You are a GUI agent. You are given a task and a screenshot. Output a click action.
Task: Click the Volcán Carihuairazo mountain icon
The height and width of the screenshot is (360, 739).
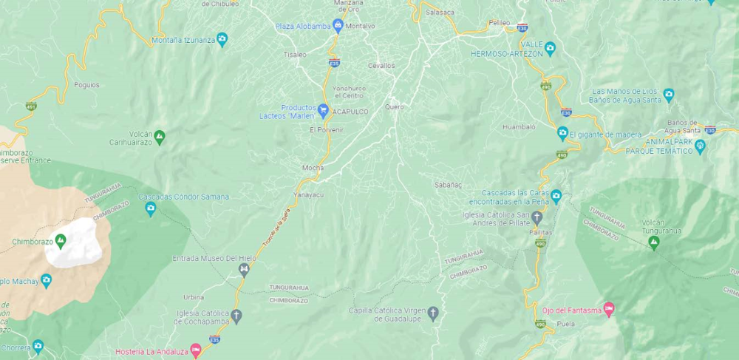159,137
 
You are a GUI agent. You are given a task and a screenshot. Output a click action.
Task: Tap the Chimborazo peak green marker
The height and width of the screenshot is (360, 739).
61,240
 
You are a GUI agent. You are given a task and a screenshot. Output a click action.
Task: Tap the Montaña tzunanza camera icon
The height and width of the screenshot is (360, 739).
222,39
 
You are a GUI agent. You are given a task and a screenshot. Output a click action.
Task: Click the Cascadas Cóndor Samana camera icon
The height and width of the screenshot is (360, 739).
151,208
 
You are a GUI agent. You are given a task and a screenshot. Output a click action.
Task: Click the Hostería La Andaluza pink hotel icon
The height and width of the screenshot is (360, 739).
195,350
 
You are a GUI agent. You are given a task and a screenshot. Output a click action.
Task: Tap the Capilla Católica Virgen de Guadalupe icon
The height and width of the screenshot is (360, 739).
433,313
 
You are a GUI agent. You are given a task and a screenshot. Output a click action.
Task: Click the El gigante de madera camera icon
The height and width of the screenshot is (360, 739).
562,134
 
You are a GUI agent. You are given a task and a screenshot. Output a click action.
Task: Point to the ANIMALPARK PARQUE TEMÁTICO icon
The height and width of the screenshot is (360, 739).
700,146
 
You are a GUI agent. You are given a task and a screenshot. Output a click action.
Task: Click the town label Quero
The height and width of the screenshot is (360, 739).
395,106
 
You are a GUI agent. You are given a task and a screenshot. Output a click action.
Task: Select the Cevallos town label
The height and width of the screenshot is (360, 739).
381,65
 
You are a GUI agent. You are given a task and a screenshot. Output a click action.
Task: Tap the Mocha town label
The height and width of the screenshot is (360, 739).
313,168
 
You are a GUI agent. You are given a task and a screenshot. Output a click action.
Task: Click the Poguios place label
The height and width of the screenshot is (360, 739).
86,84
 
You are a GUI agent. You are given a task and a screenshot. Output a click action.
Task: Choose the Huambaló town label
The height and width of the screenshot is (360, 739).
518,127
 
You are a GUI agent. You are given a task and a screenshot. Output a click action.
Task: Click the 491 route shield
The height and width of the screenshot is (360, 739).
31,106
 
